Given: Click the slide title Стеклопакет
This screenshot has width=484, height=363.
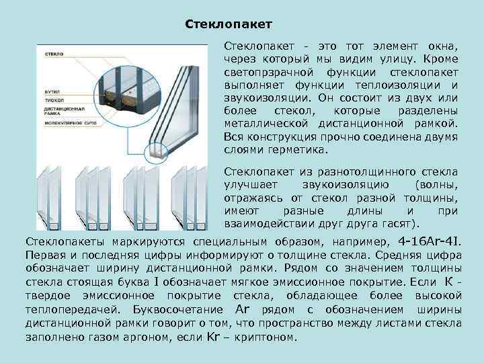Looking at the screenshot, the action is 228,25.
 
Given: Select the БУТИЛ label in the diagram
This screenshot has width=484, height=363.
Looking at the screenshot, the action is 52,89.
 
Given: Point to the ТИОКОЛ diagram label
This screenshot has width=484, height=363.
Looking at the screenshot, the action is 53,98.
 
